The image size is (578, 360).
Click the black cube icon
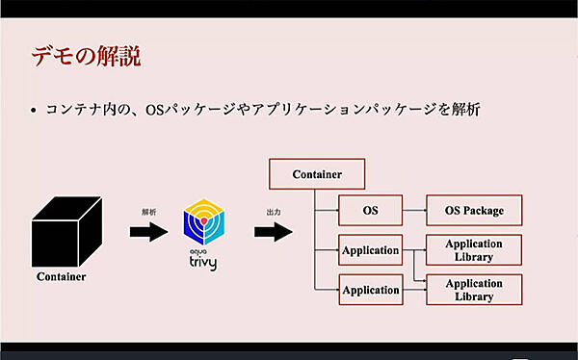click(66, 230)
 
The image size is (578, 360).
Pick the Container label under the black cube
click(61, 277)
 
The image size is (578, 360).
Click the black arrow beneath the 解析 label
click(147, 231)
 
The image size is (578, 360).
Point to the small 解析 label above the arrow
click(148, 209)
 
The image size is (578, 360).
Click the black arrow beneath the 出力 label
click(274, 231)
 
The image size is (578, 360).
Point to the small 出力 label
click(274, 210)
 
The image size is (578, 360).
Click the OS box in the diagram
click(369, 210)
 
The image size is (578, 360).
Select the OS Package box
click(474, 210)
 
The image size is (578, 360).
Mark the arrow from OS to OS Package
click(413, 210)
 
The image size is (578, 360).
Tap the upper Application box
click(370, 250)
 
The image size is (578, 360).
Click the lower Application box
click(370, 290)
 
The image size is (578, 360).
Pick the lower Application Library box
click(474, 290)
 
